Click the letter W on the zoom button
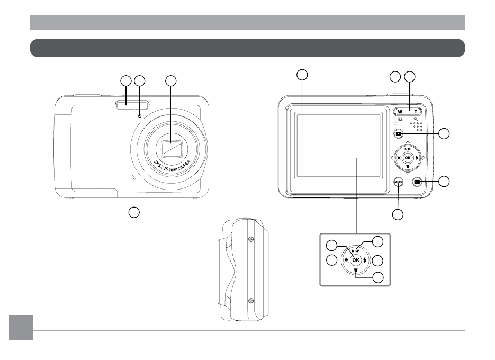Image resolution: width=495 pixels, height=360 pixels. click(x=400, y=112)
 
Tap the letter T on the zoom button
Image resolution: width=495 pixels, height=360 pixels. click(x=416, y=112)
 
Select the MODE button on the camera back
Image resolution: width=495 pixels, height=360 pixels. click(x=399, y=182)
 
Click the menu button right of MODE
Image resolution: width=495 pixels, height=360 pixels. click(x=417, y=182)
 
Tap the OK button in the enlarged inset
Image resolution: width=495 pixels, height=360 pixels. click(x=355, y=260)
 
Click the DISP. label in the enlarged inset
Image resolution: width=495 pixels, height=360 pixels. click(x=356, y=251)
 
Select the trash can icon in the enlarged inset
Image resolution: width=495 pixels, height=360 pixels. click(x=356, y=269)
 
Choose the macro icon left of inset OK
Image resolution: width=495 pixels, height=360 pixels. click(x=346, y=260)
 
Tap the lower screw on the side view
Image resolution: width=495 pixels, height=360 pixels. click(x=250, y=301)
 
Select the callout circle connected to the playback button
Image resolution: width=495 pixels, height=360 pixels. click(x=446, y=133)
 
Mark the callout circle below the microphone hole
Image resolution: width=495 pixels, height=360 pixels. click(x=134, y=212)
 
